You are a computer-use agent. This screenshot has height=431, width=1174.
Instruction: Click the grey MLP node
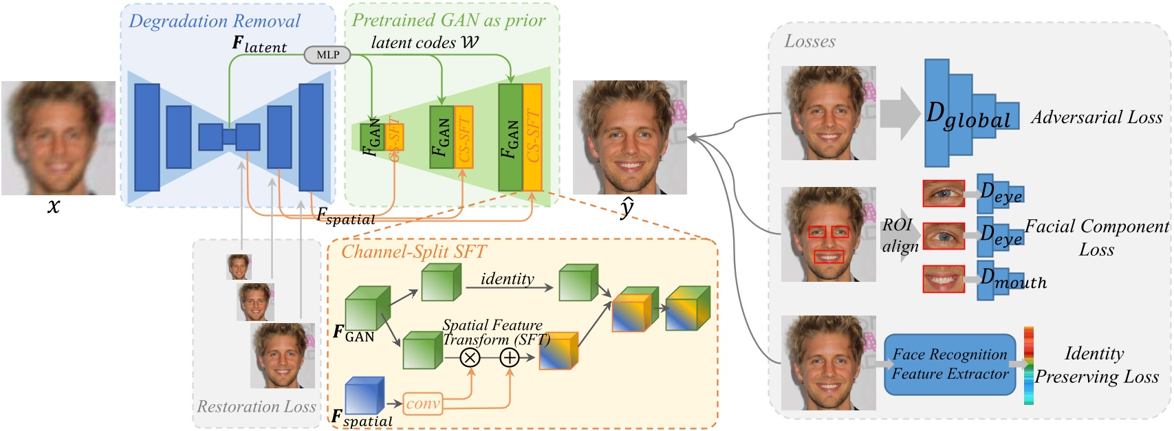pos(327,55)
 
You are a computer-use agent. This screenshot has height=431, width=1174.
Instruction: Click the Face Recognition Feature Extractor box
pos(949,364)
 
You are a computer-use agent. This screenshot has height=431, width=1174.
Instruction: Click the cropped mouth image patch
pos(943,280)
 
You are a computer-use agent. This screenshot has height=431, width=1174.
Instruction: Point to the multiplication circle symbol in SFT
pos(470,357)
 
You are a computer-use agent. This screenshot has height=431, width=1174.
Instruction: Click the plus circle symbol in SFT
pos(510,357)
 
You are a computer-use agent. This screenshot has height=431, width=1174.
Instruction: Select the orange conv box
pos(422,404)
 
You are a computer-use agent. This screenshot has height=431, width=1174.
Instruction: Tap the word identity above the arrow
pos(507,278)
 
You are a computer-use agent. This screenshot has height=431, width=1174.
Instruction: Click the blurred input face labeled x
pos(58,137)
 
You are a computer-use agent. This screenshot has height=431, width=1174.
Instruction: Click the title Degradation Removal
pos(215,21)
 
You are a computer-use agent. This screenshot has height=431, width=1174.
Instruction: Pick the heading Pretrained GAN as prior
pos(448,20)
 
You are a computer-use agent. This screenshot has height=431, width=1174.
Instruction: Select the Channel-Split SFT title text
pos(413,252)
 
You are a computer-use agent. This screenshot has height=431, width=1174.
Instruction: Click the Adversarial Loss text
pos(1096,118)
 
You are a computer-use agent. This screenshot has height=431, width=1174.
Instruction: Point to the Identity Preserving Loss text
pos(1096,365)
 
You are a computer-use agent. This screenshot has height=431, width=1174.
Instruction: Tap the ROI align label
pos(900,235)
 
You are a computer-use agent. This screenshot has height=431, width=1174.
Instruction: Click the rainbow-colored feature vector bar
pos(1029,365)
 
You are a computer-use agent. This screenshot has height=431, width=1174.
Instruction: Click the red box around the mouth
pos(829,257)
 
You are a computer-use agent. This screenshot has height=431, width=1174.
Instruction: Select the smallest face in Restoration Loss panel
pos(239,267)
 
